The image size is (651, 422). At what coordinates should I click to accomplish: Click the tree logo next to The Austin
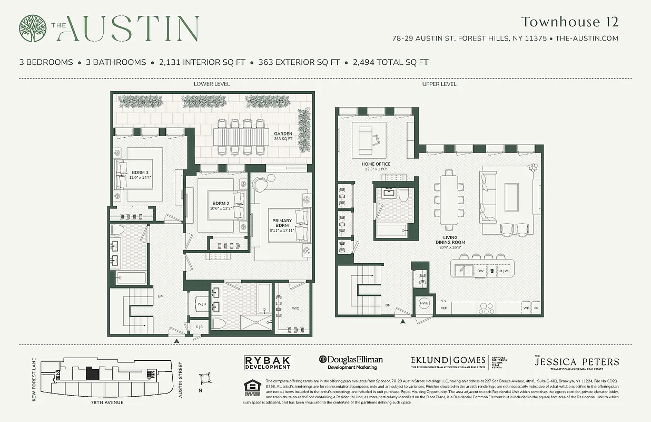pyautogui.click(x=33, y=28)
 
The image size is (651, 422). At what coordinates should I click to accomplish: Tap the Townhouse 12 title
pyautogui.click(x=569, y=22)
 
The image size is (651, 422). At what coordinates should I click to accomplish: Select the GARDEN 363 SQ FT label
pyautogui.click(x=283, y=137)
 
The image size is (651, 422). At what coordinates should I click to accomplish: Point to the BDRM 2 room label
pyautogui.click(x=221, y=205)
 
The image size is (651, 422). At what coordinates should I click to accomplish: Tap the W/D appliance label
pyautogui.click(x=201, y=304)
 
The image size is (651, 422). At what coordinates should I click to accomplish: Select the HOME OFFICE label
pyautogui.click(x=376, y=166)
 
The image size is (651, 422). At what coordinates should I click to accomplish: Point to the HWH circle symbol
pyautogui.click(x=424, y=304)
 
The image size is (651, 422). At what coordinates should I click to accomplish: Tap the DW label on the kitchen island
pyautogui.click(x=480, y=271)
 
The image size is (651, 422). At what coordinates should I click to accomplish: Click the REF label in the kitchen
pyautogui.click(x=443, y=308)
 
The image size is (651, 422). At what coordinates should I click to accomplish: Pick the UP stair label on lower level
pyautogui.click(x=160, y=297)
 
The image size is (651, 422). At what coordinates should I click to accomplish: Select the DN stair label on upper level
pyautogui.click(x=387, y=304)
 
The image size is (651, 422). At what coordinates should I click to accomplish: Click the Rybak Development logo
pyautogui.click(x=268, y=362)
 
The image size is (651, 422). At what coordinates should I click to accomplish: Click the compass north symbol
pyautogui.click(x=205, y=379)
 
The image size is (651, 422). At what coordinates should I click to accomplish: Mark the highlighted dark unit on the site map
pyautogui.click(x=92, y=373)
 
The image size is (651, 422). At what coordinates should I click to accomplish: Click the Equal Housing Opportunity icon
pyautogui.click(x=252, y=387)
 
